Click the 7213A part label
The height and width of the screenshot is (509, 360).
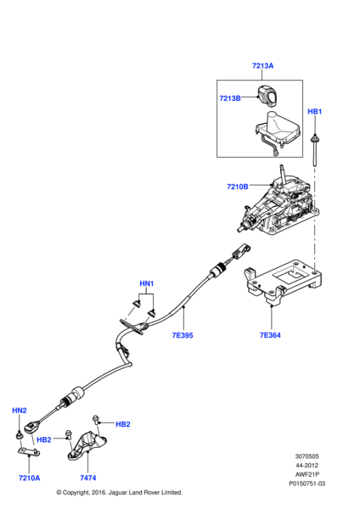pyautogui.click(x=262, y=65)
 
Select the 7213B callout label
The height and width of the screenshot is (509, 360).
pyautogui.click(x=230, y=98)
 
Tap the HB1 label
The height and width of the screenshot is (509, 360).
pyautogui.click(x=314, y=111)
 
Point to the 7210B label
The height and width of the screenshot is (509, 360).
pyautogui.click(x=238, y=187)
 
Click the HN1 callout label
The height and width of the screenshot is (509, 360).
pyautogui.click(x=147, y=283)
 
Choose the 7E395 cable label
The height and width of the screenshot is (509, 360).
pyautogui.click(x=183, y=335)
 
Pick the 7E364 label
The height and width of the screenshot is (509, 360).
pyautogui.click(x=270, y=335)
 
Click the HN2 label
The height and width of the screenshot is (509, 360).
pyautogui.click(x=20, y=411)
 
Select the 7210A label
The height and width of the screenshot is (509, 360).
pyautogui.click(x=29, y=478)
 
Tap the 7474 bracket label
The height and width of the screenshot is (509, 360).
pyautogui.click(x=87, y=478)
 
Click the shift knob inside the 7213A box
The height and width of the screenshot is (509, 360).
pyautogui.click(x=267, y=97)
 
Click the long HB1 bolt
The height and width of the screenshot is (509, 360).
pyautogui.click(x=314, y=150)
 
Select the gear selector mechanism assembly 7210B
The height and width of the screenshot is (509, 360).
pyautogui.click(x=278, y=204)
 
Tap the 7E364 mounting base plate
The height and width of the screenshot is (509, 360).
pyautogui.click(x=282, y=282)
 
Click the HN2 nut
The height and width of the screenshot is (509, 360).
pyautogui.click(x=20, y=435)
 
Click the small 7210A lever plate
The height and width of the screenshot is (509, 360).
pyautogui.click(x=29, y=451)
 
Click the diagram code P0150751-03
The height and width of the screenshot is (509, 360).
pyautogui.click(x=307, y=484)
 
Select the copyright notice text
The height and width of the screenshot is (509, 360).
pyautogui.click(x=119, y=492)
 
